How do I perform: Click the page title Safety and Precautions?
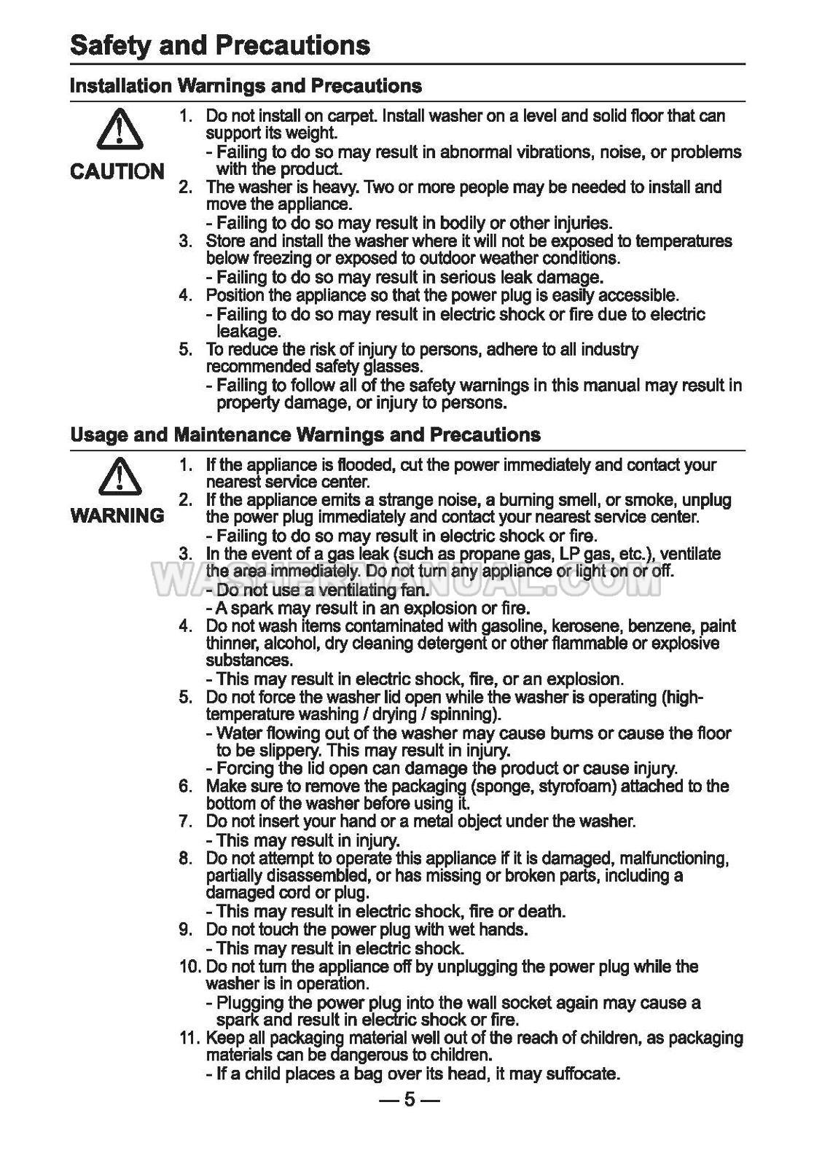point(220,45)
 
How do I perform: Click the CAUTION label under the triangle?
point(117,172)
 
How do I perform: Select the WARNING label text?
point(117,516)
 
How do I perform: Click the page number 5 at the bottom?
point(408,1098)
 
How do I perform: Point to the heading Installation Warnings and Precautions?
point(246,86)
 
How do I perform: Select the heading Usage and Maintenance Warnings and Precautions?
point(305,435)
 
